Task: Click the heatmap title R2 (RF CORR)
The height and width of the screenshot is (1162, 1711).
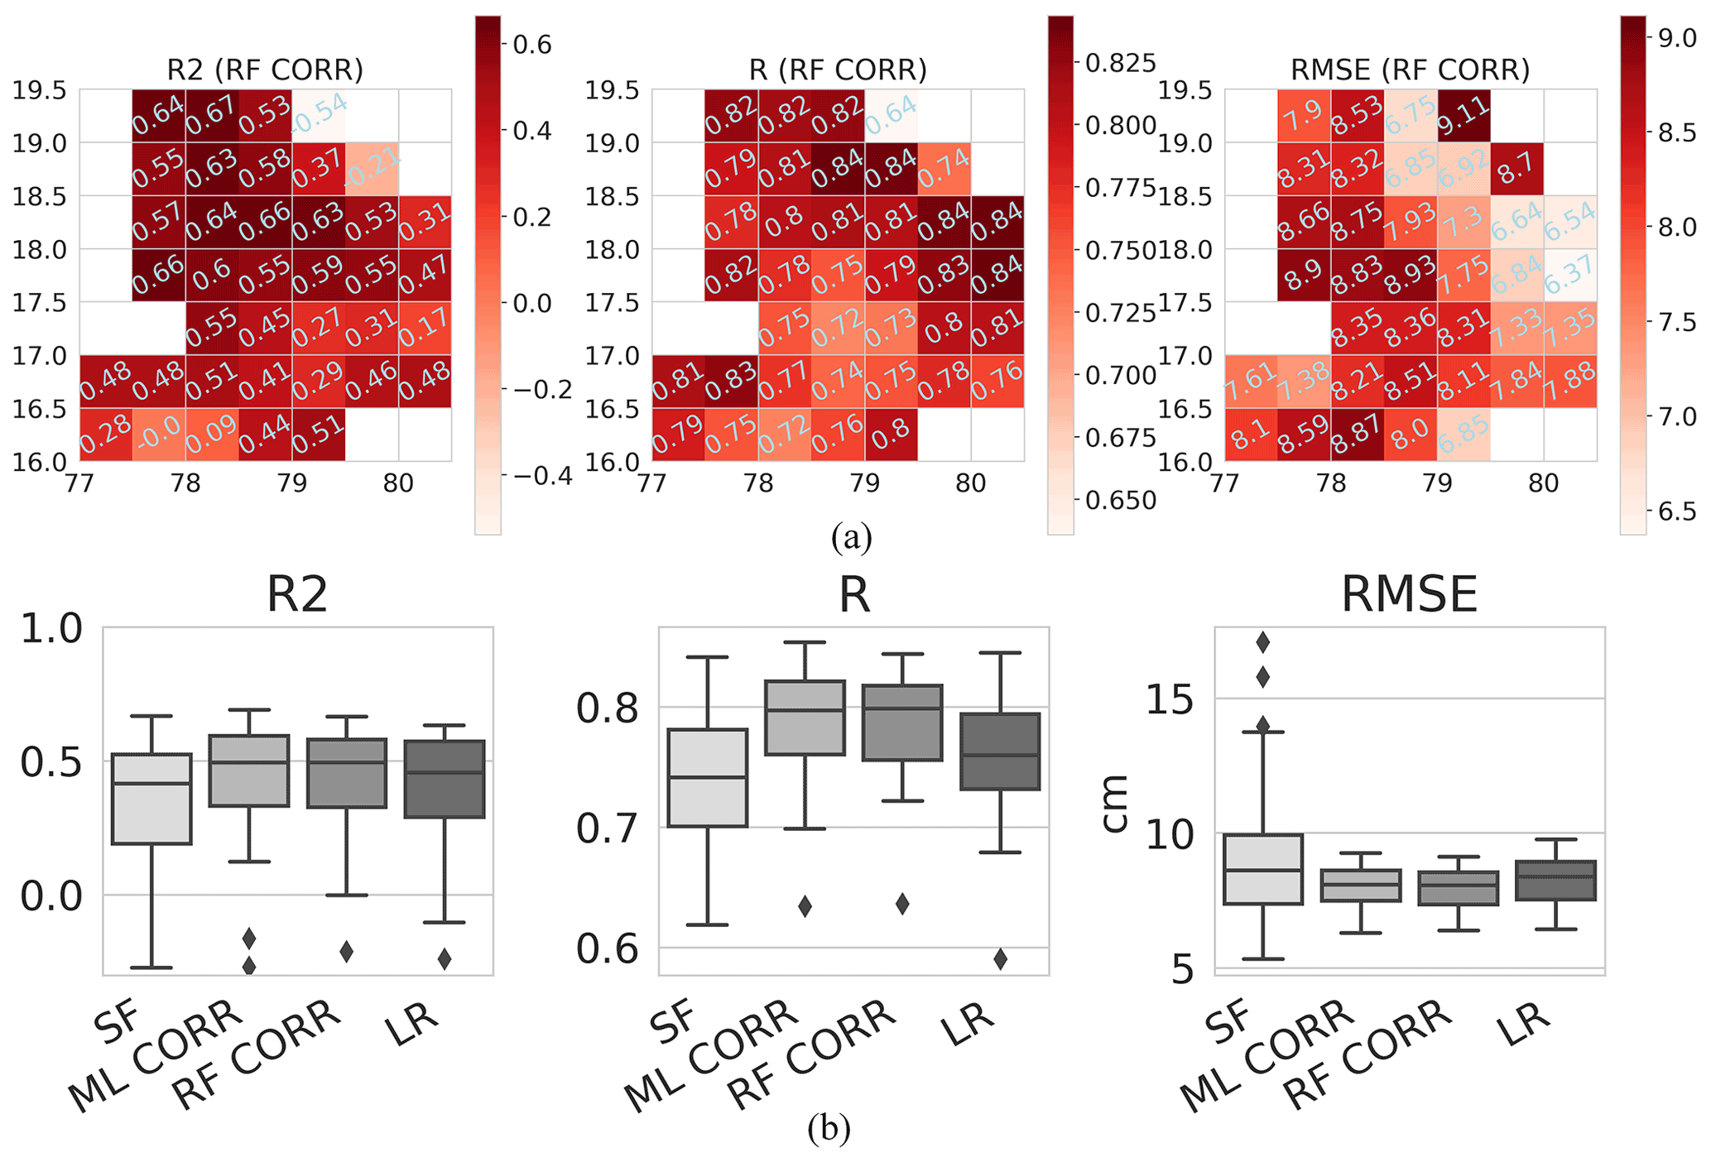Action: pos(265,70)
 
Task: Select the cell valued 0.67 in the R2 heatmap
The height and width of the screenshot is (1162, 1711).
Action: pos(212,115)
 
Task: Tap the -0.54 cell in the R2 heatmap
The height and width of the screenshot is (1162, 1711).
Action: pos(319,115)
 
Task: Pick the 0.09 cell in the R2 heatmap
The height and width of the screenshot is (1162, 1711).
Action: pos(212,435)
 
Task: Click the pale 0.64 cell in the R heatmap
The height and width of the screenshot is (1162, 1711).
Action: pos(892,115)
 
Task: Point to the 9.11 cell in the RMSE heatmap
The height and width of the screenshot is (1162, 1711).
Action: pos(1463,115)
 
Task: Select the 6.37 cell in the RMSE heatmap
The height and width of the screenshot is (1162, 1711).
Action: pos(1570,275)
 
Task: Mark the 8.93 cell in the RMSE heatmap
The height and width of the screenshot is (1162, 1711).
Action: pos(1411,275)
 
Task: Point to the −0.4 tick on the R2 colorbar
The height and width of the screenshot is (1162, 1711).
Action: pos(542,475)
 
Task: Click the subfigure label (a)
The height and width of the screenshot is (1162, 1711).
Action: pos(852,538)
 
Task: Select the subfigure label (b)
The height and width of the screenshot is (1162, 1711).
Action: pos(829,1128)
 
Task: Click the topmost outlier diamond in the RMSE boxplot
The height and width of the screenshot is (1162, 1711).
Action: pos(1263,641)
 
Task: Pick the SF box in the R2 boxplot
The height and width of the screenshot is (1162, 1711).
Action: pos(152,799)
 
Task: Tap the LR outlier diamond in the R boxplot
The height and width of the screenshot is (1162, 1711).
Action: pos(1000,959)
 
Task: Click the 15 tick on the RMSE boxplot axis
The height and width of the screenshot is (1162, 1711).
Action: pos(1169,699)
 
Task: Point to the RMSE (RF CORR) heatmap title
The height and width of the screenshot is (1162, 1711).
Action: pos(1410,70)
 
